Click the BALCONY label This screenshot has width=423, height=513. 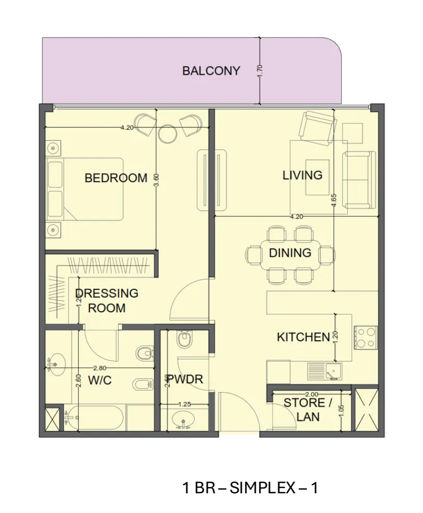(x=211, y=71)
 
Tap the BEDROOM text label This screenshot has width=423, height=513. (x=116, y=178)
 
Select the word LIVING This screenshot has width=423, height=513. (x=302, y=175)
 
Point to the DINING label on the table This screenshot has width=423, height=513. (x=290, y=253)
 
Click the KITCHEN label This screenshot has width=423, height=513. (x=303, y=337)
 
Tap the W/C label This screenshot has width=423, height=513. (x=100, y=380)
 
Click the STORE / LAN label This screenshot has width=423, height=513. (x=307, y=410)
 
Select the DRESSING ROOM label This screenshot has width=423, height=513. (x=107, y=300)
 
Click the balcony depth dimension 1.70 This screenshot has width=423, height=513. (x=260, y=71)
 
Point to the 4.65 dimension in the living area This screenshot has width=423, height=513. (x=334, y=200)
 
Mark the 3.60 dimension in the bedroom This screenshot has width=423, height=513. (x=156, y=179)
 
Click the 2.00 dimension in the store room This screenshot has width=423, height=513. (x=312, y=394)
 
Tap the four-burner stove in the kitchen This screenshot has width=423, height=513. (x=365, y=337)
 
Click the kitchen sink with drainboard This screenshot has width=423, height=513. (x=325, y=372)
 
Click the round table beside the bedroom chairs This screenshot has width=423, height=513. (x=167, y=133)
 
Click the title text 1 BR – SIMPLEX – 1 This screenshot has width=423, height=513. (x=250, y=488)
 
